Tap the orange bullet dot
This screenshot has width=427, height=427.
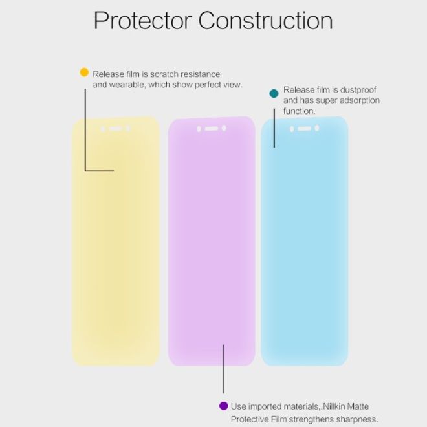point(84,72)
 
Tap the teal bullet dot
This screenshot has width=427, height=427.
point(274,94)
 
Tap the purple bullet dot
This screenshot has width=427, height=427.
point(223,406)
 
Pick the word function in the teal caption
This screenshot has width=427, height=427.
point(299,111)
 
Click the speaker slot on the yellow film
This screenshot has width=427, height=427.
point(115,129)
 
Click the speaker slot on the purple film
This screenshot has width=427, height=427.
point(211,129)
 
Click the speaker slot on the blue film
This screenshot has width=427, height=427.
point(304,129)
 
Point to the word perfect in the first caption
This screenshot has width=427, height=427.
point(206,85)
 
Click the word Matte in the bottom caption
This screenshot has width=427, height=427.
point(364,406)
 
